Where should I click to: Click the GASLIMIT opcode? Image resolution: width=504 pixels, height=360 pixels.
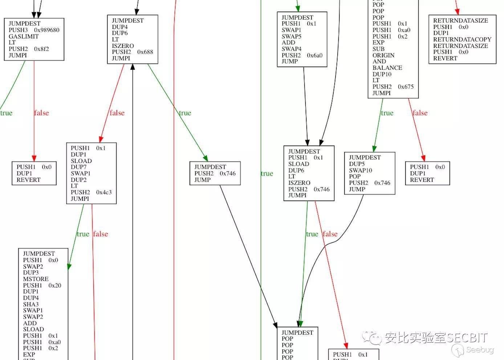[24, 36]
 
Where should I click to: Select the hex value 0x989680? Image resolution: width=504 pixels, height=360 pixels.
[46, 30]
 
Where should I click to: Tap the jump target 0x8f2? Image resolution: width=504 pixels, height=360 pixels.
[41, 49]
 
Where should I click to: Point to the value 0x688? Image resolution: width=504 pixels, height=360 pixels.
[145, 52]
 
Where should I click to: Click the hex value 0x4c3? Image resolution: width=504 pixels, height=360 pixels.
[104, 192]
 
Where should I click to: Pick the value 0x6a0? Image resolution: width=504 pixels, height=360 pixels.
[314, 56]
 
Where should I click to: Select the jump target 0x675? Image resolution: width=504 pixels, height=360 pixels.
[406, 87]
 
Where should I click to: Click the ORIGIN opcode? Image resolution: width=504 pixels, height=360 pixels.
[383, 55]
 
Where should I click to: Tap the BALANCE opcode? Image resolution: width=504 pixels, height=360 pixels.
[387, 68]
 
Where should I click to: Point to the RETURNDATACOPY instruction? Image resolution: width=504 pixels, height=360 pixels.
[462, 40]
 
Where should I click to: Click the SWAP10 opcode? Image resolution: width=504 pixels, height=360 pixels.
[360, 170]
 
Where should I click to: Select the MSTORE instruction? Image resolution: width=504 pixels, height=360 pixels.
[36, 279]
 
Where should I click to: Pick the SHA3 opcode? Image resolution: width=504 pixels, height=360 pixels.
[31, 304]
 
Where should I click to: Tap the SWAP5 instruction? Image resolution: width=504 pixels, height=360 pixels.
[291, 36]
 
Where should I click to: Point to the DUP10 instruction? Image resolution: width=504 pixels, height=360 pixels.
[382, 74]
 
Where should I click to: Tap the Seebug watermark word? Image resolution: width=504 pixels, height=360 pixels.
[480, 350]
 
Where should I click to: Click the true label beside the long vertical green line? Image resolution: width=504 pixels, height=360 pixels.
[267, 174]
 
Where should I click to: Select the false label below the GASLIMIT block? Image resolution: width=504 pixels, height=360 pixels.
[41, 113]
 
